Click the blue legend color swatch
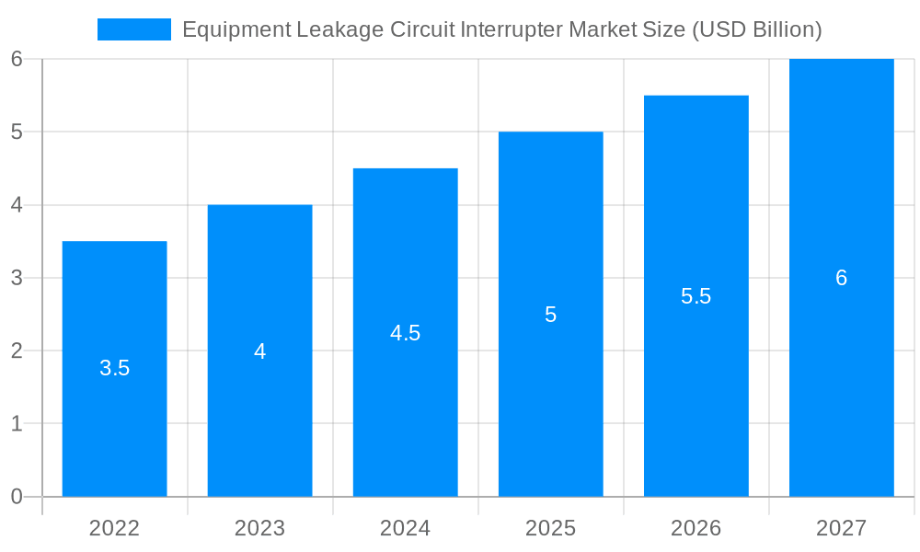click(134, 29)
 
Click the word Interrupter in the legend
click(510, 29)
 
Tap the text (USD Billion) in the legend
click(755, 29)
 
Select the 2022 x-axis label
click(114, 528)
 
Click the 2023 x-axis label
click(259, 528)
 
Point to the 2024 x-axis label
click(405, 528)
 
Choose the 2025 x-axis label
click(550, 528)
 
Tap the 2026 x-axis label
click(696, 528)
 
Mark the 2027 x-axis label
click(841, 528)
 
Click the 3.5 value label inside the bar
click(114, 369)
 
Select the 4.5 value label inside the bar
click(405, 333)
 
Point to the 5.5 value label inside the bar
click(696, 296)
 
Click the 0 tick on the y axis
click(17, 497)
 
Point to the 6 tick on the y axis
click(17, 59)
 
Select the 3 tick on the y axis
click(17, 278)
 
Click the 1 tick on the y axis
click(17, 424)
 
